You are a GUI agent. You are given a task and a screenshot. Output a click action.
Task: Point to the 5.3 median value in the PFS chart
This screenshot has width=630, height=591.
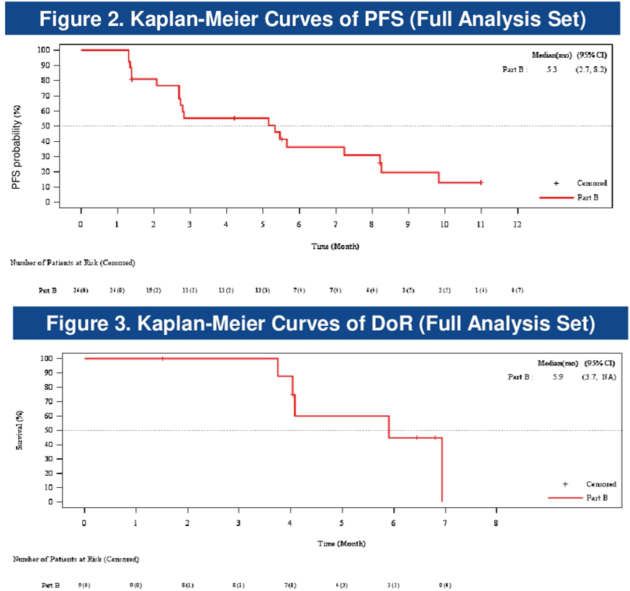coord(552,70)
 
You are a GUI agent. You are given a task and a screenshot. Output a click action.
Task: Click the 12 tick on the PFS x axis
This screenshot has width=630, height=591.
coord(517,223)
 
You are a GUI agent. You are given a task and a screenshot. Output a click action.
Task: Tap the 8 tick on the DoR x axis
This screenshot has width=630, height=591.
coord(496,522)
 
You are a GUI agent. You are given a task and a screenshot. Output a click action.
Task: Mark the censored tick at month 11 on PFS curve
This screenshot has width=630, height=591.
coord(480,182)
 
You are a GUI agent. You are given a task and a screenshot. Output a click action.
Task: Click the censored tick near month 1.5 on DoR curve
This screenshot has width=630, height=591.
coord(162,358)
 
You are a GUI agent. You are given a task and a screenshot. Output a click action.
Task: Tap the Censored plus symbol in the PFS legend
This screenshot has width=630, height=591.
coord(556,183)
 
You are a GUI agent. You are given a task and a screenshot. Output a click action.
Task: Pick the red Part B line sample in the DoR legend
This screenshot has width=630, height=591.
coord(564,498)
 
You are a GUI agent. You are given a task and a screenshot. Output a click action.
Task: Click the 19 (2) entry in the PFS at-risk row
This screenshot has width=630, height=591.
coord(153,290)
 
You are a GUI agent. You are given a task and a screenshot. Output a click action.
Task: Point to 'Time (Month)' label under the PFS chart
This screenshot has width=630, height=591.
coord(335,246)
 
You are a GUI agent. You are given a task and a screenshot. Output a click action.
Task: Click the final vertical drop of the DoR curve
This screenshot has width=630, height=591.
coord(441,468)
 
